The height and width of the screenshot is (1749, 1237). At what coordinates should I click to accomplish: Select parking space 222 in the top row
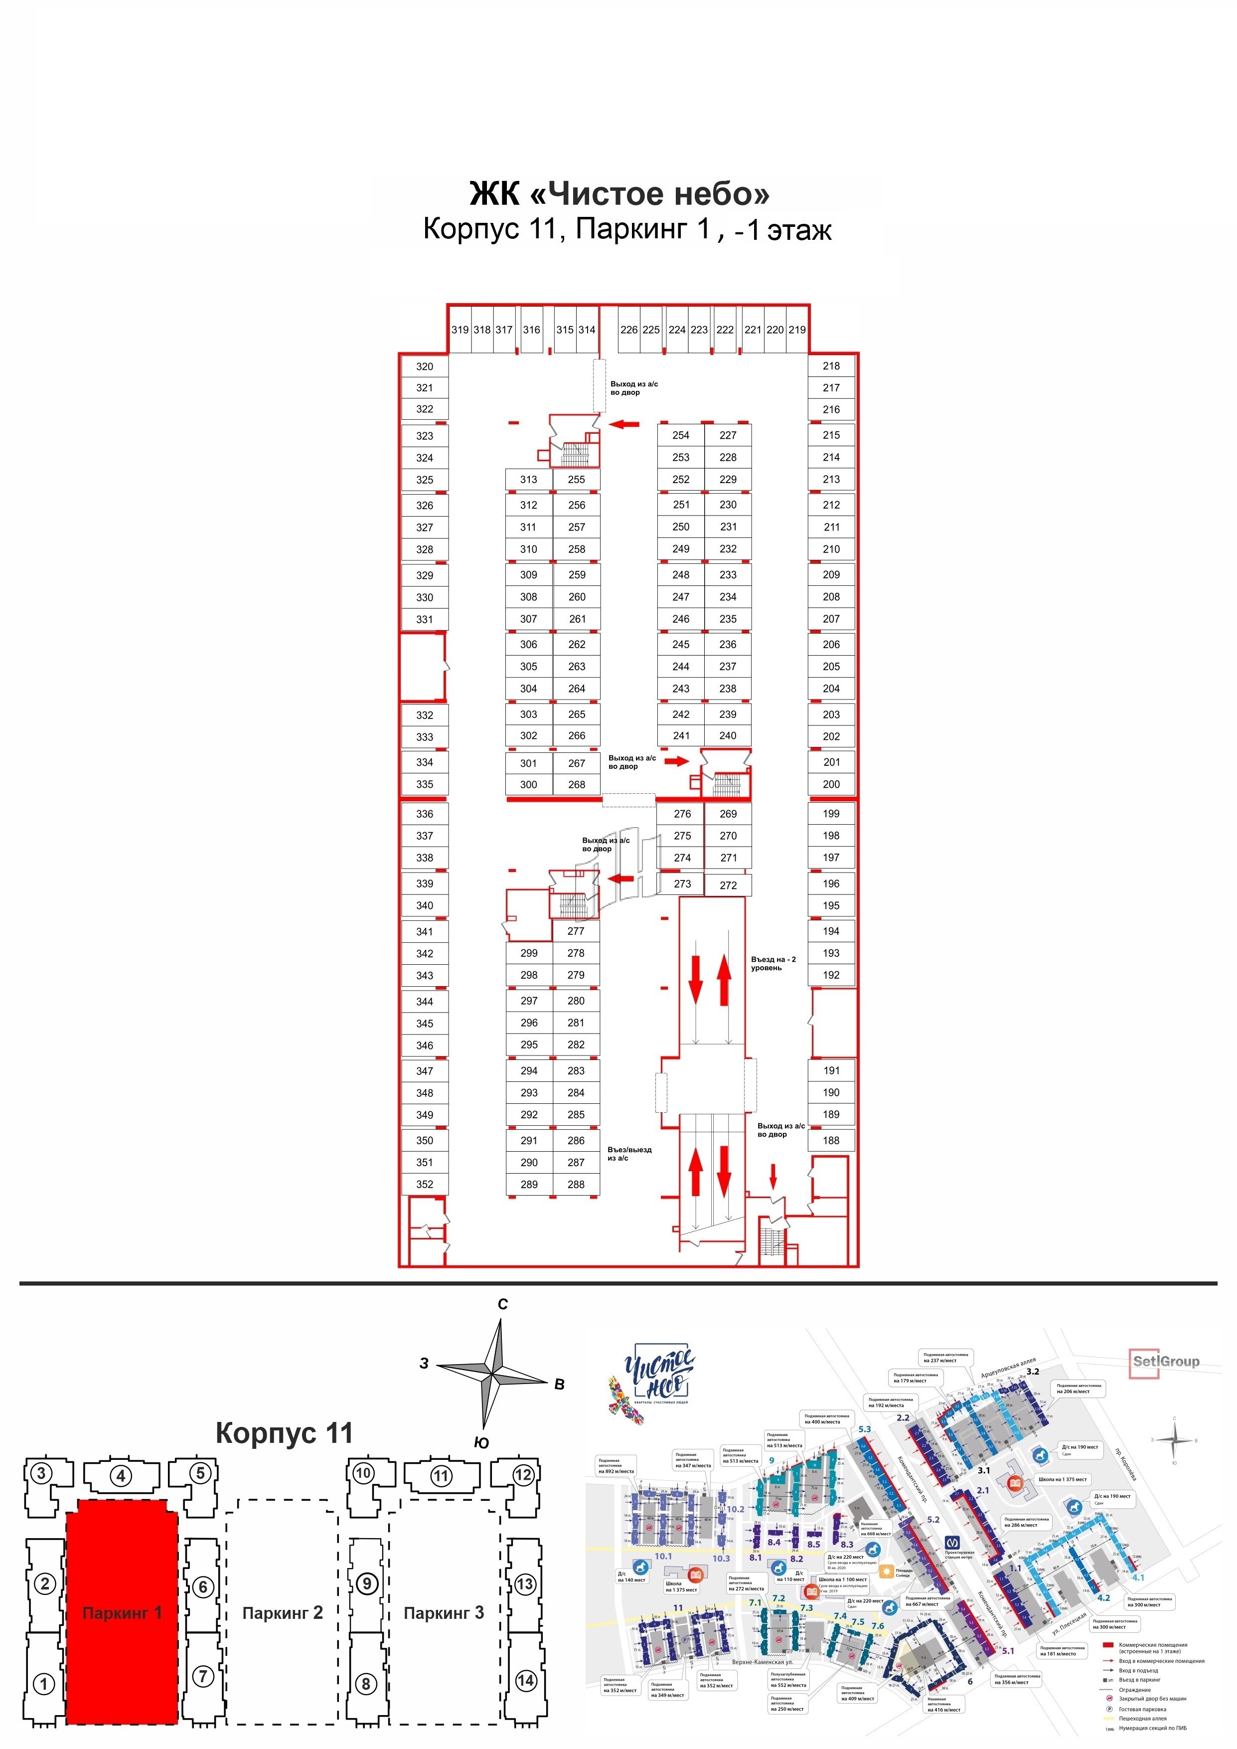pos(725,330)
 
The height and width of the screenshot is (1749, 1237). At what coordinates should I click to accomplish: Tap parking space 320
pos(424,366)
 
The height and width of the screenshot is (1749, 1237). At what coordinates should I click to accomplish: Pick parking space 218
pos(831,365)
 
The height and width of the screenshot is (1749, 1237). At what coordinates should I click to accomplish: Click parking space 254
pos(681,435)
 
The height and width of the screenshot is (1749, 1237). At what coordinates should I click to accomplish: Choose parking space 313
pos(529,479)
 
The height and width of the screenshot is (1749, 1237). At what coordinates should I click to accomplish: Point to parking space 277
pos(576,931)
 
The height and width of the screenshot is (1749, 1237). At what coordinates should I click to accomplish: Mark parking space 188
pos(831,1140)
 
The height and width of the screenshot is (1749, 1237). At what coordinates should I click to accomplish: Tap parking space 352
pos(424,1185)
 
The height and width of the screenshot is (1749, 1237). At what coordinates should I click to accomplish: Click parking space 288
pos(576,1185)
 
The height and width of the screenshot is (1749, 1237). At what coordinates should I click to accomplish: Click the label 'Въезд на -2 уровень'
pos(773,964)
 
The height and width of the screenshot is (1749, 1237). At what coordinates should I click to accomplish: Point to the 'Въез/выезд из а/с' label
pos(629,1154)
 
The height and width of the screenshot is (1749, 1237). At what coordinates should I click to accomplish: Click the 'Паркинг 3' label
pos(443,1613)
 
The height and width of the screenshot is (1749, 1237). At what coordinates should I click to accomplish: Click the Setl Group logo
pos(1165,1361)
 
